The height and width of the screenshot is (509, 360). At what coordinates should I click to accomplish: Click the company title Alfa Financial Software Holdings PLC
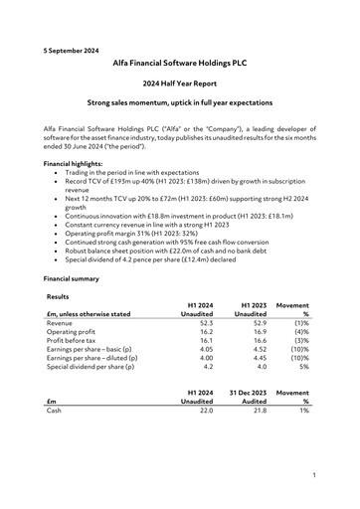pyautogui.click(x=179, y=63)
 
